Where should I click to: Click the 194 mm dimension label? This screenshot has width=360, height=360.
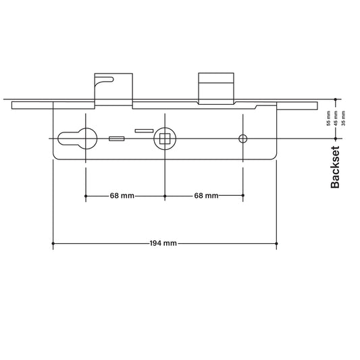[x=163, y=243]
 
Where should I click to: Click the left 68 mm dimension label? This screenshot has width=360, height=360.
[x=122, y=196]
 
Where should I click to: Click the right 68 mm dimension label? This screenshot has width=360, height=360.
[x=206, y=196]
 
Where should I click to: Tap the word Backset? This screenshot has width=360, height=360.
[x=335, y=167]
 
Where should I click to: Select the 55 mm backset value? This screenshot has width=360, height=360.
[x=328, y=118]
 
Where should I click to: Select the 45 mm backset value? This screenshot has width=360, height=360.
[x=336, y=118]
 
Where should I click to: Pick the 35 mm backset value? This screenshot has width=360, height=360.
[x=343, y=118]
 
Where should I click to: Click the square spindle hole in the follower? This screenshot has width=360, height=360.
[x=165, y=138]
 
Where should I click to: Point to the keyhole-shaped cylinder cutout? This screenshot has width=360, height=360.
[x=78, y=138]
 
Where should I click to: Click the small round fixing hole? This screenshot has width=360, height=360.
[x=243, y=138]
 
